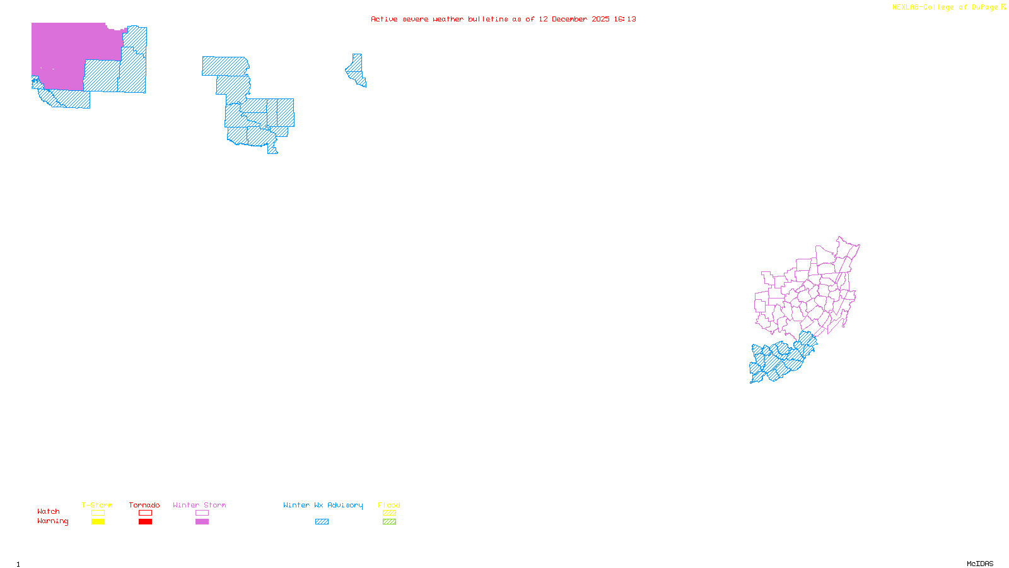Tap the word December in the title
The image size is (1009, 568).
click(x=569, y=20)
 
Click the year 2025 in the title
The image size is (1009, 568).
click(x=600, y=20)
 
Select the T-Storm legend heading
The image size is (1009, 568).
click(x=97, y=505)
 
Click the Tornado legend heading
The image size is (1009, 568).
click(x=144, y=505)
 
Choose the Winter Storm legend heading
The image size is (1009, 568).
click(x=199, y=505)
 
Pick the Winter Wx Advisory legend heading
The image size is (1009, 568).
click(x=323, y=505)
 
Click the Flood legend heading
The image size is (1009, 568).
click(x=389, y=505)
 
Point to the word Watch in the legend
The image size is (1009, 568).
click(x=49, y=512)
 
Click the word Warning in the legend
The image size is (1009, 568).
click(x=52, y=521)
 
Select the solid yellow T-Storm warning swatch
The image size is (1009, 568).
click(x=98, y=522)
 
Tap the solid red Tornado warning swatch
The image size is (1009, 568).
click(x=145, y=522)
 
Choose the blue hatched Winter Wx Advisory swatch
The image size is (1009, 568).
click(x=322, y=522)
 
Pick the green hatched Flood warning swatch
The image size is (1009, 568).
click(x=389, y=522)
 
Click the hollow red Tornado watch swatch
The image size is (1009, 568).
click(x=145, y=513)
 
